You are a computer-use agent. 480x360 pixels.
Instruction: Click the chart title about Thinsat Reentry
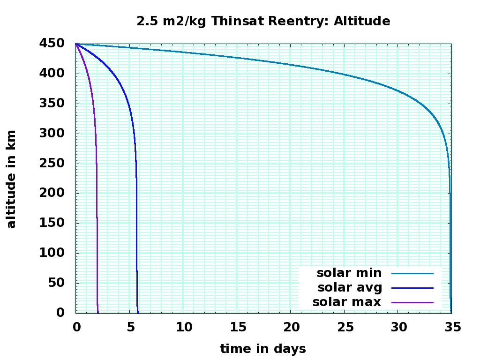tap(263, 21)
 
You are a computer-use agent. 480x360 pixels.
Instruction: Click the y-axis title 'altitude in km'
tap(11, 179)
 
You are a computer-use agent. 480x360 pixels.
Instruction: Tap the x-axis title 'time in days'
tap(263, 349)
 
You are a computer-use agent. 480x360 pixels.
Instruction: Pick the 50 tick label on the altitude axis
tap(58, 283)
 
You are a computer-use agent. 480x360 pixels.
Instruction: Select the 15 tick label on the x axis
tap(237, 327)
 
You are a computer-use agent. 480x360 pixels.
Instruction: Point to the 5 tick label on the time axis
tap(130, 327)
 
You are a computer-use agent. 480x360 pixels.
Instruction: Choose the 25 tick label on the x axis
tap(345, 327)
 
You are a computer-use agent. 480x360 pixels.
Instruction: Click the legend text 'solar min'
tap(349, 273)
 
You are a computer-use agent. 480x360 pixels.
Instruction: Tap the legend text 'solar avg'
tap(350, 287)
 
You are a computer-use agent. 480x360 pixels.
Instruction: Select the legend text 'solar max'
tap(347, 302)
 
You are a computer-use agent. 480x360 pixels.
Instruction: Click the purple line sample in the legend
tap(412, 302)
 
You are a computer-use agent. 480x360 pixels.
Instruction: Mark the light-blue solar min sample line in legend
tap(412, 273)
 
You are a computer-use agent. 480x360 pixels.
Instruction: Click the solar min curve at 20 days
tap(291, 65)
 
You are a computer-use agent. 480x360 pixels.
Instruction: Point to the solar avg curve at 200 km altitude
tap(136, 193)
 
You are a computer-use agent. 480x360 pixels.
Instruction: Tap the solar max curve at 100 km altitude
tap(97, 253)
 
